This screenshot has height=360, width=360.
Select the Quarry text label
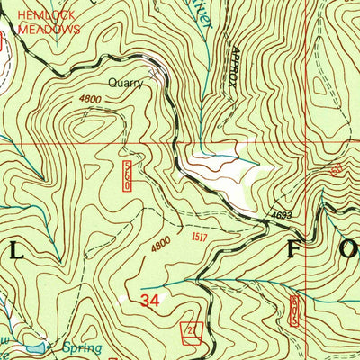[125, 83]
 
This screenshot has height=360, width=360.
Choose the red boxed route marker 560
[128, 175]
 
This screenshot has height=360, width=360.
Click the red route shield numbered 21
[190, 331]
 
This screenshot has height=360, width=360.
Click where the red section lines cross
[306, 142]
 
